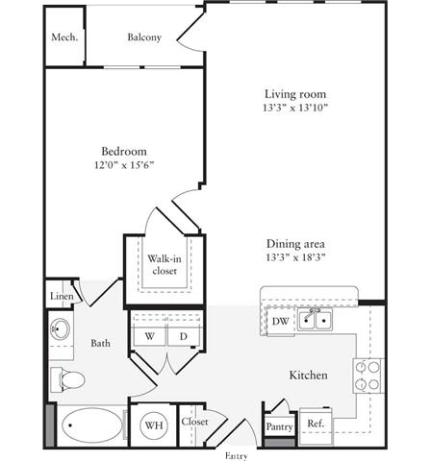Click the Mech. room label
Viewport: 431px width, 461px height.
64,37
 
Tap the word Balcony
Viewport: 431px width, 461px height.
144,37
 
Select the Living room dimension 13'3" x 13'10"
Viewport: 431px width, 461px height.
295,108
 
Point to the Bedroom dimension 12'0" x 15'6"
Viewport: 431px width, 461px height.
124,165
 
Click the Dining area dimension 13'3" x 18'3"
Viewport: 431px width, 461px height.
295,257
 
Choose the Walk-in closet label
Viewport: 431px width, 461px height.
165,264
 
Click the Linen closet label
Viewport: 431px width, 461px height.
62,296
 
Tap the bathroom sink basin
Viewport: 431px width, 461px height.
60,329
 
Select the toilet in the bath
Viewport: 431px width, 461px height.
67,380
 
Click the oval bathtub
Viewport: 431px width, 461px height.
92,425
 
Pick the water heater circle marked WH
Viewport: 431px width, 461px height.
154,425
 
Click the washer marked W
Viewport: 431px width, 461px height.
150,336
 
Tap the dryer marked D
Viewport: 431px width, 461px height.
184,336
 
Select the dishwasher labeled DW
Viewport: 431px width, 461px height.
281,321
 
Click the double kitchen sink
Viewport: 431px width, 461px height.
315,320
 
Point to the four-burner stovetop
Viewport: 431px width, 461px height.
368,376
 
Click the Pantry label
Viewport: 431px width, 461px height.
279,426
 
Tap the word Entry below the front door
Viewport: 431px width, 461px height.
237,456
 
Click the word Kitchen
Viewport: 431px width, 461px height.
309,376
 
